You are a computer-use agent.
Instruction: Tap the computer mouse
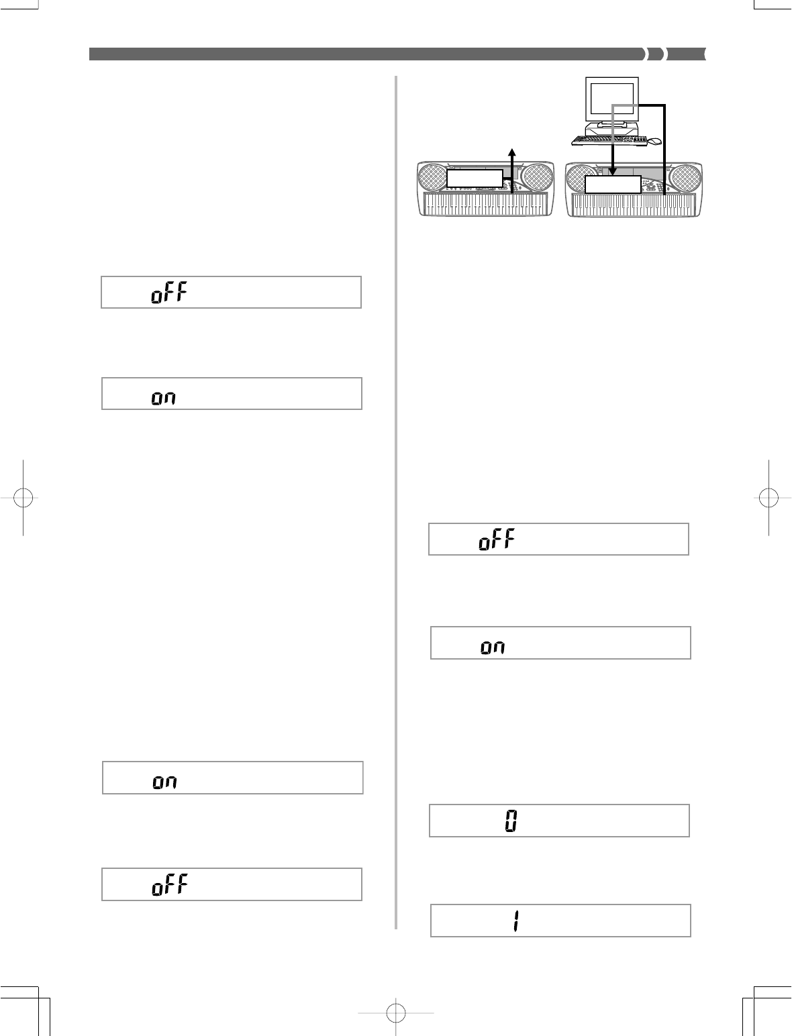tap(654, 141)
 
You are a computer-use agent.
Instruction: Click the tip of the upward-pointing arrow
tap(513, 149)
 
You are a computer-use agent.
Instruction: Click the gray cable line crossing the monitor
tap(624, 104)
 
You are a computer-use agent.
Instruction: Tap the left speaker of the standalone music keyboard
tap(433, 178)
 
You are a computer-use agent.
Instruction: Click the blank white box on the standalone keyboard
tap(475, 178)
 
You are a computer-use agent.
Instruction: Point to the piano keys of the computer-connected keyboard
tap(634, 205)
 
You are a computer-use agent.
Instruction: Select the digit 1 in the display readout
tap(515, 921)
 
